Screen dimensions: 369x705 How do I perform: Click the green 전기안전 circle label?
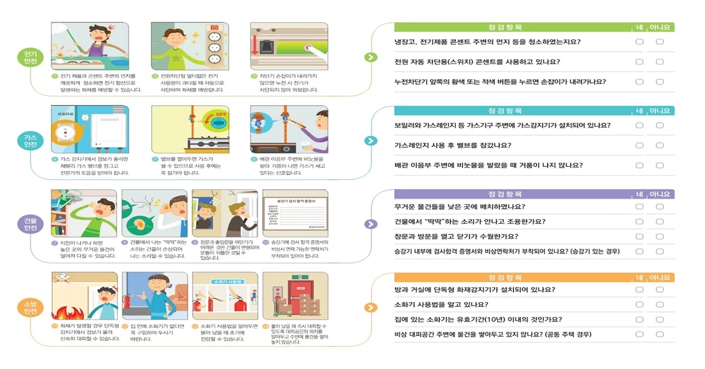pyautogui.click(x=30, y=58)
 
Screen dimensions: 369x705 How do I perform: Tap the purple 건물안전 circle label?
pyautogui.click(x=30, y=224)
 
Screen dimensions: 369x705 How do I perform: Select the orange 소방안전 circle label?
pyautogui.click(x=30, y=307)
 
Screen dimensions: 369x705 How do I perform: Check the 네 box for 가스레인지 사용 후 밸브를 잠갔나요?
pyautogui.click(x=639, y=145)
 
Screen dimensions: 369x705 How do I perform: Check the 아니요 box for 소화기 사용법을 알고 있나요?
pyautogui.click(x=660, y=304)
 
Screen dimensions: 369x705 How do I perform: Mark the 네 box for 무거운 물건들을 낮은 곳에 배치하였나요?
pyautogui.click(x=639, y=207)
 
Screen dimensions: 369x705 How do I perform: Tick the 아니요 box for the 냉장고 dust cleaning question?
pyautogui.click(x=660, y=42)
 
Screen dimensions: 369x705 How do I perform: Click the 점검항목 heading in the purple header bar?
pyautogui.click(x=505, y=194)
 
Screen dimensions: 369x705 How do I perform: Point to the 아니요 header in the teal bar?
pyautogui.click(x=660, y=110)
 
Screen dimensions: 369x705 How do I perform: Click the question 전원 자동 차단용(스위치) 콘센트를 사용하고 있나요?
pyautogui.click(x=476, y=62)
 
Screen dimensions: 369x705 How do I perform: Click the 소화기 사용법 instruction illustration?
pyautogui.click(x=225, y=296)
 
